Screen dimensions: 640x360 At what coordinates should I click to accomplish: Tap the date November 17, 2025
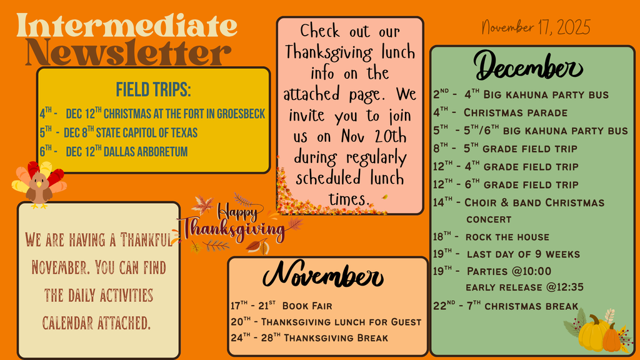pos(536,27)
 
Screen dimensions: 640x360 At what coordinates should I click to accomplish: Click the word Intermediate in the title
pos(127,26)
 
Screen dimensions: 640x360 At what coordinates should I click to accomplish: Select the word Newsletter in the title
pos(129,52)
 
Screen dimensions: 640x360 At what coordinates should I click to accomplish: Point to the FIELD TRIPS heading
pos(154,89)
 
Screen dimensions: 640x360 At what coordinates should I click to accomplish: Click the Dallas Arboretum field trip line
pos(114,151)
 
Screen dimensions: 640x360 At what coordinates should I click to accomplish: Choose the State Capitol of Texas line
pos(118,132)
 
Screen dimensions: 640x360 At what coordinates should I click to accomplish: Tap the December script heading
pos(528,66)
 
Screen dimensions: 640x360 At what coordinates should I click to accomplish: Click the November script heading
pos(323,275)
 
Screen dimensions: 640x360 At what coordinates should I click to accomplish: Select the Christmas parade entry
pos(501,112)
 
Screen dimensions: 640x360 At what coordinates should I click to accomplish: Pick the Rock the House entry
pos(491,237)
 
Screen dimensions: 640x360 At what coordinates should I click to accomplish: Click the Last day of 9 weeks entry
pos(506,254)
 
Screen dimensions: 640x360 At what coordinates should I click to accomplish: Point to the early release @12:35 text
pos(524,287)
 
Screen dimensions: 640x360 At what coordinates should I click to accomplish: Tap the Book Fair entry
pos(281,306)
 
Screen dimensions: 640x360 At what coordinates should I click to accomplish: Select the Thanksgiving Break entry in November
pos(309,337)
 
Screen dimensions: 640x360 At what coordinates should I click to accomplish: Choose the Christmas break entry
pos(506,306)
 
